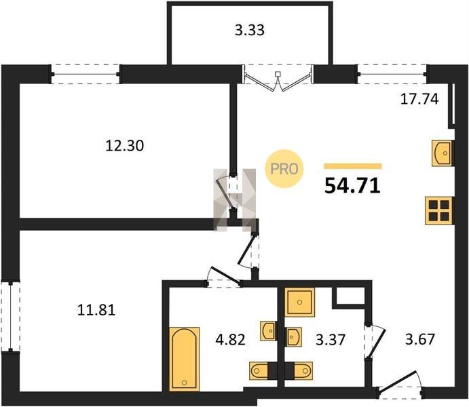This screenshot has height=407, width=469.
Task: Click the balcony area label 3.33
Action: point(250,31)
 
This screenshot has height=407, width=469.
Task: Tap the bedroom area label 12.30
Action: point(125,146)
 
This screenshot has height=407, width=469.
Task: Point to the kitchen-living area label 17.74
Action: point(419,99)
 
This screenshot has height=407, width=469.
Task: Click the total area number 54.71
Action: point(352,186)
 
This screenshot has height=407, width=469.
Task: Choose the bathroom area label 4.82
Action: point(230,340)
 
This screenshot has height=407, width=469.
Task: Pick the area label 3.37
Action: point(331,340)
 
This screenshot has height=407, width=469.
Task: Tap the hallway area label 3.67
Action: point(419,339)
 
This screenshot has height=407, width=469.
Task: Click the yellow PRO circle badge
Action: point(284,169)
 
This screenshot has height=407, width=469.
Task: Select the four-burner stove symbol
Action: point(438,211)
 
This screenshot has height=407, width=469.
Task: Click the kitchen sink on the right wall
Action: point(442,153)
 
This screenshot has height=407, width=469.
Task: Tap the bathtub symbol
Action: point(184,359)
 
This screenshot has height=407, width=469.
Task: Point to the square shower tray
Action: point(300,302)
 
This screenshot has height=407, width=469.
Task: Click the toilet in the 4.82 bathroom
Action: point(259,371)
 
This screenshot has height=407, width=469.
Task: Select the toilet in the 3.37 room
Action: point(303,371)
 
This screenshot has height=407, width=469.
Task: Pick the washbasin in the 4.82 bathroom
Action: point(268,331)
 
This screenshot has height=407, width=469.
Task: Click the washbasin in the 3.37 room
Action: point(293,337)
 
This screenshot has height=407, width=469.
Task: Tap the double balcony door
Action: point(278,78)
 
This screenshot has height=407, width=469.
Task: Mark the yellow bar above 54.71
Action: point(353,166)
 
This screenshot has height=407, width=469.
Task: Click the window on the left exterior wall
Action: point(10,316)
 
